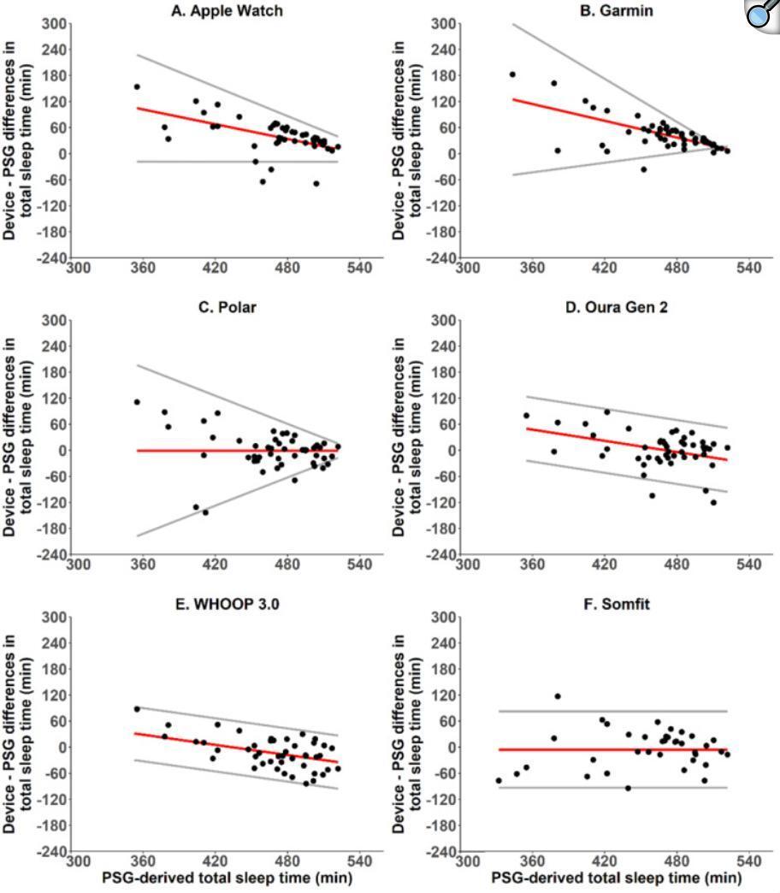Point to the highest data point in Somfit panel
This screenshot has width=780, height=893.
(x=558, y=696)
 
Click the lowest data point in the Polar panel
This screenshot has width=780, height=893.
(x=205, y=512)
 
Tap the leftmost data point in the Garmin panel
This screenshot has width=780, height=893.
(x=512, y=74)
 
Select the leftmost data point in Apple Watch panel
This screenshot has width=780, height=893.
(x=137, y=86)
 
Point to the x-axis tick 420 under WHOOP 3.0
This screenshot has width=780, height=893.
(x=215, y=861)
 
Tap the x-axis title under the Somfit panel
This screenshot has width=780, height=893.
(x=616, y=878)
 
